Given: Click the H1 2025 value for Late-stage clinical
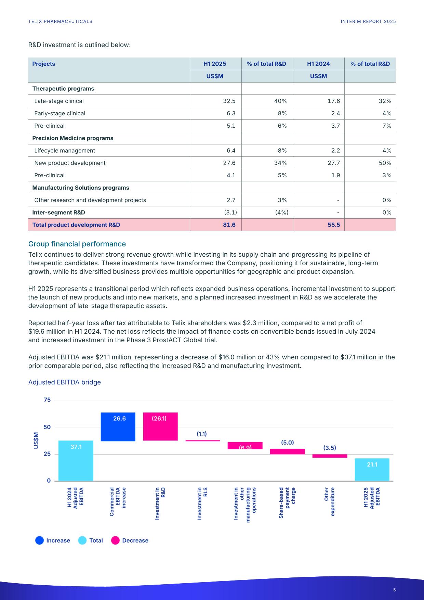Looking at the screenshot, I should [229, 101].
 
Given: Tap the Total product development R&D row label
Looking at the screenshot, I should [76, 225].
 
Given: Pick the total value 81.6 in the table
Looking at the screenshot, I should [229, 225].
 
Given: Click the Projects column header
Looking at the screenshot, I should [43, 64].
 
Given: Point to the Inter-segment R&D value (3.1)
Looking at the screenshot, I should [230, 213].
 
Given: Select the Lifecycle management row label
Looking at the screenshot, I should [65, 151].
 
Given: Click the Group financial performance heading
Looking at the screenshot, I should [77, 244].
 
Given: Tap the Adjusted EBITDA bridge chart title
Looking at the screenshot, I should [64, 382].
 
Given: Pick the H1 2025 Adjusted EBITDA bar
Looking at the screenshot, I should [372, 470].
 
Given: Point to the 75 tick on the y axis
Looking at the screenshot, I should [47, 400].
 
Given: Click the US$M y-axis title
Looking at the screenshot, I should [36, 441].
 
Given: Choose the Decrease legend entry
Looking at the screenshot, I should [130, 540].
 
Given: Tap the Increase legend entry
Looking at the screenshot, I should [53, 540].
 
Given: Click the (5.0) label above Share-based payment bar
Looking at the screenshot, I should [287, 443].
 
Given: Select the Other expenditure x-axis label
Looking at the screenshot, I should [330, 502].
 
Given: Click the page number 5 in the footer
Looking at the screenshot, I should [394, 590].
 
